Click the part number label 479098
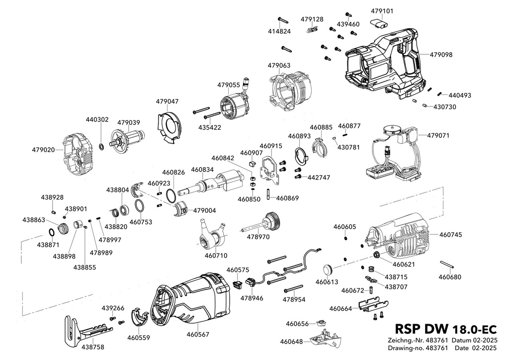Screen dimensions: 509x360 tap(441, 55)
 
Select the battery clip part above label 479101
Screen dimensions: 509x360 tap(379, 24)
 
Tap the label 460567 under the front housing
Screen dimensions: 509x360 tap(198, 334)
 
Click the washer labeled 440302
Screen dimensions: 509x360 tap(101, 146)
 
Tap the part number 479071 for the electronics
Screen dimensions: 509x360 tap(438, 135)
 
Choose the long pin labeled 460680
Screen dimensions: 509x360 tap(446, 264)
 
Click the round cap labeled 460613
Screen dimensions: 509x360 tap(328, 270)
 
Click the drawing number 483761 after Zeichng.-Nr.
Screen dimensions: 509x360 tap(436, 341)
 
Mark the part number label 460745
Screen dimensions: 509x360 tap(450, 235)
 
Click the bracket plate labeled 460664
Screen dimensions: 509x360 tap(373, 305)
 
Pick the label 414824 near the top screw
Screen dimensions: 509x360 tap(279, 31)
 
